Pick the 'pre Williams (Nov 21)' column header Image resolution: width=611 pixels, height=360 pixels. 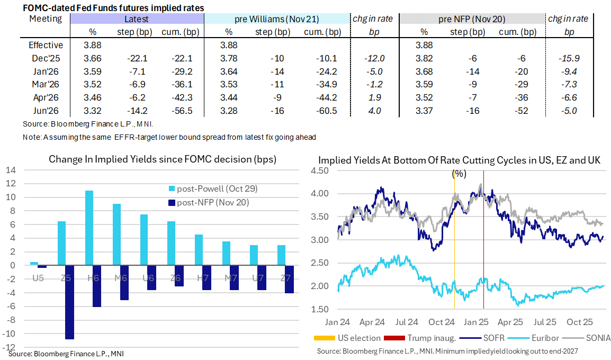coord(276,19)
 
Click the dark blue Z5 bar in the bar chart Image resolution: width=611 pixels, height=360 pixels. coord(69,302)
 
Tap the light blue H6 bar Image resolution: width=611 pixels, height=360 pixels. coord(89,228)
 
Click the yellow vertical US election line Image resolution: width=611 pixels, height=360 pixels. coord(454,238)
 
